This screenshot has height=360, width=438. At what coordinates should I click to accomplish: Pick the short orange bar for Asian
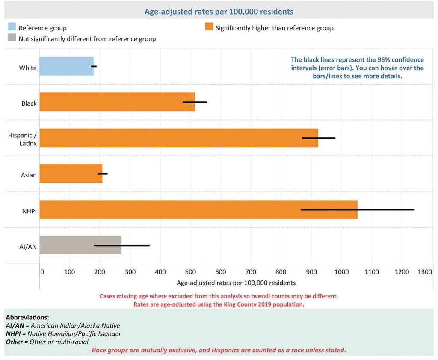tap(71, 174)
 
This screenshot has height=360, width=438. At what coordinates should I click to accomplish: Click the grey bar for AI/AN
tap(80, 245)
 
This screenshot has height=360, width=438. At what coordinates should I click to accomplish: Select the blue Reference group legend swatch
tap(12, 27)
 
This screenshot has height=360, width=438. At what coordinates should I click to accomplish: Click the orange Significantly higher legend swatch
tap(209, 27)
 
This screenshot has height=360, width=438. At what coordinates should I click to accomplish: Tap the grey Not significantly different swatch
tap(12, 38)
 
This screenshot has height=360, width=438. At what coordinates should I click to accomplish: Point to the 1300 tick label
tap(425, 271)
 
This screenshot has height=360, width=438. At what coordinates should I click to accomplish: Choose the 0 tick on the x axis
tap(42, 271)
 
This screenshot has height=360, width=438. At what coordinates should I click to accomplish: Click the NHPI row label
tap(29, 211)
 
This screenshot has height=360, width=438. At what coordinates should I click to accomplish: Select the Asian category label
tap(29, 175)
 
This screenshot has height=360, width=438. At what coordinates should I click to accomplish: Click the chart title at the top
tap(219, 12)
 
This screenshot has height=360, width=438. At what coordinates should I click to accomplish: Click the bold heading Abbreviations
tap(27, 318)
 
